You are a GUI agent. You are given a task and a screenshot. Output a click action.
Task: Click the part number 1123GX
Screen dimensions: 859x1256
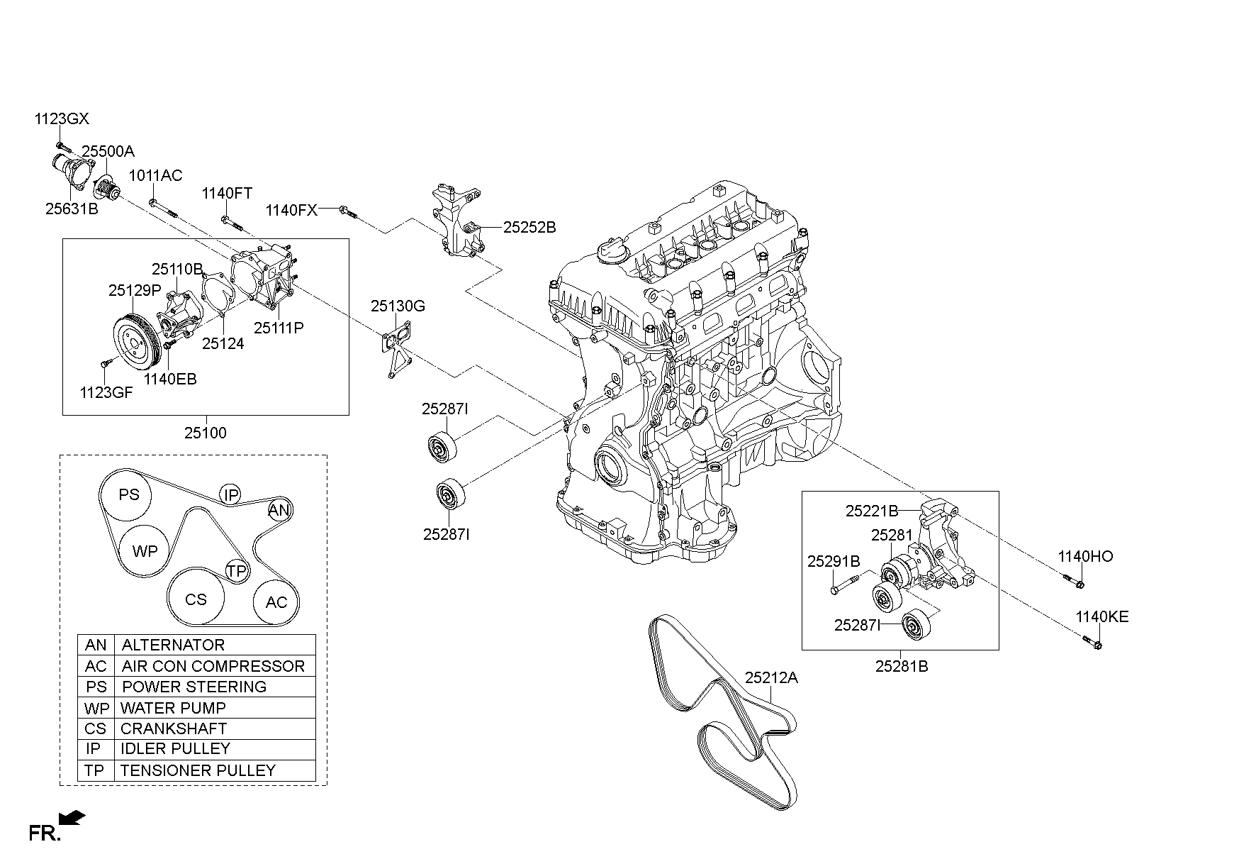pyautogui.click(x=62, y=118)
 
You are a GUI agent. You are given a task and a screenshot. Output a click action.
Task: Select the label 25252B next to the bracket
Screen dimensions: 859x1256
pyautogui.click(x=529, y=228)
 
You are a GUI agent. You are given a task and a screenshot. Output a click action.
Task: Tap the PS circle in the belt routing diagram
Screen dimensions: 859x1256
pyautogui.click(x=128, y=494)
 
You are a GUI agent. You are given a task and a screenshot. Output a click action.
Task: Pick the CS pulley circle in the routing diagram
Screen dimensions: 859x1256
pyautogui.click(x=196, y=599)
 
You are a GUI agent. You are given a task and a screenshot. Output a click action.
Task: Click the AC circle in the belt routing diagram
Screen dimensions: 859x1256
pyautogui.click(x=276, y=602)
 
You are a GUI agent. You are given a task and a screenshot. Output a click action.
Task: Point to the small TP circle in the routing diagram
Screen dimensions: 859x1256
pyautogui.click(x=237, y=571)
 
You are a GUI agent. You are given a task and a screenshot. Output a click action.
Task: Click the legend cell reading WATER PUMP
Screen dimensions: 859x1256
pyautogui.click(x=173, y=708)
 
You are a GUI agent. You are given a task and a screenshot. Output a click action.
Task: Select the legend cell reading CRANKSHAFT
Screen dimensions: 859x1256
pyautogui.click(x=174, y=728)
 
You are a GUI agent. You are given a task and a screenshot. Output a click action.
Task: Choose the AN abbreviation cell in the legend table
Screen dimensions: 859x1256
pyautogui.click(x=96, y=645)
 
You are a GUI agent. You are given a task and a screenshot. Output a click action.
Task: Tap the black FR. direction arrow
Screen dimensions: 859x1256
pyautogui.click(x=72, y=818)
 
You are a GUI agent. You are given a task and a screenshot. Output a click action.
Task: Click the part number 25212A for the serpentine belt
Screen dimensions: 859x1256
pyautogui.click(x=771, y=677)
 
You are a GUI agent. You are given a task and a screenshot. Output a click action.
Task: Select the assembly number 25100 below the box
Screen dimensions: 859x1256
pyautogui.click(x=206, y=433)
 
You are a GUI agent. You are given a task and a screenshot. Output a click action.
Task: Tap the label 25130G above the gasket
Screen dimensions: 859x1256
pyautogui.click(x=398, y=306)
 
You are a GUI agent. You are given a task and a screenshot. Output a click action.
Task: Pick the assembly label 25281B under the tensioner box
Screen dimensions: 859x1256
pyautogui.click(x=901, y=666)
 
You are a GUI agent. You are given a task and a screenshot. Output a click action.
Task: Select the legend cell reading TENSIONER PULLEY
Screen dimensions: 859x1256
pyautogui.click(x=198, y=770)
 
